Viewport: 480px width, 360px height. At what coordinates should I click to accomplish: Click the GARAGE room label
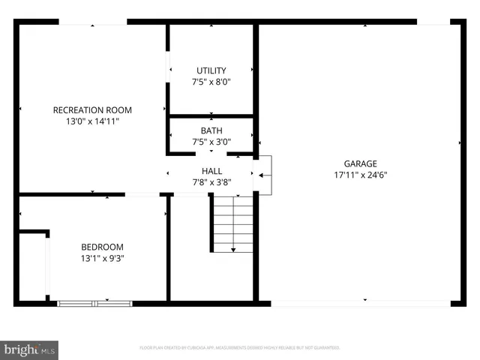360,163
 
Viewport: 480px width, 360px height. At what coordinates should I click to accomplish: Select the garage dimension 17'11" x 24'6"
360,175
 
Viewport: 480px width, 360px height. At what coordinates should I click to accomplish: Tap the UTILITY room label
211,70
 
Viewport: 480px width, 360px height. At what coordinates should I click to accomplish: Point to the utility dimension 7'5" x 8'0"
211,82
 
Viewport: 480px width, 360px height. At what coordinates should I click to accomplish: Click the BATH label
211,130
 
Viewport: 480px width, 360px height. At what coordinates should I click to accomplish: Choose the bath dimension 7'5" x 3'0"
211,142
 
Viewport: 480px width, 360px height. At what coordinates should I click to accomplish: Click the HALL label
211,171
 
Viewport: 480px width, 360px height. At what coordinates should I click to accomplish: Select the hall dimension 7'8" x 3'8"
211,182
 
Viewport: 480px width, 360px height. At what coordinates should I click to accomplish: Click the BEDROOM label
102,247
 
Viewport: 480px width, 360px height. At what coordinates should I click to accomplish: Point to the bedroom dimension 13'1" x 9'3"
102,258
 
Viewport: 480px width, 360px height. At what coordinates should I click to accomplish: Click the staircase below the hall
232,222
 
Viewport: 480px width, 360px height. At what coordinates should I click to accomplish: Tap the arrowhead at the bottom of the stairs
233,249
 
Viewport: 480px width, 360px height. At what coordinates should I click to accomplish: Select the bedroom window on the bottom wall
94,303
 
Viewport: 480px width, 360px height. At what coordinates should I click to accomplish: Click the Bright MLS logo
30,349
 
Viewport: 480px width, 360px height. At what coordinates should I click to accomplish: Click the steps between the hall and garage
263,175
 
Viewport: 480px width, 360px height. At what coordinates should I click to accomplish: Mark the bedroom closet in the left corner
33,266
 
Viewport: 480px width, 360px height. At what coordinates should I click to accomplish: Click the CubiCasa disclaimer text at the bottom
240,348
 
